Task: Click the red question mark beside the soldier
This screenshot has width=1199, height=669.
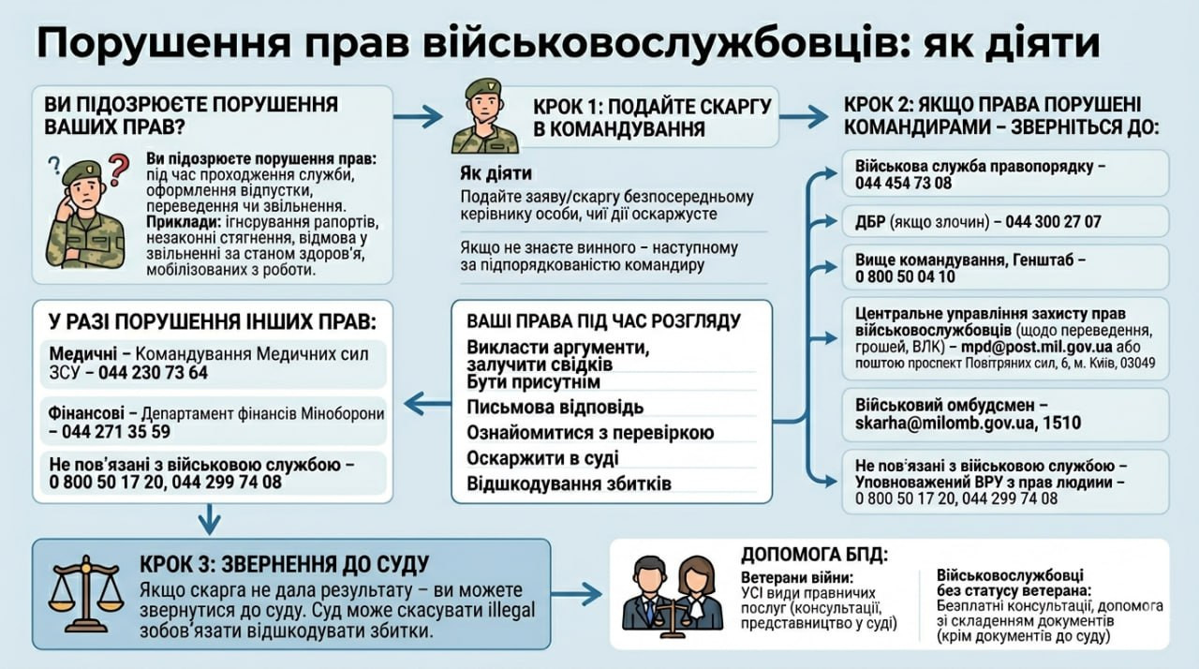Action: click(119, 170)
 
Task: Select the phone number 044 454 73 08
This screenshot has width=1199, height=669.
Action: click(904, 184)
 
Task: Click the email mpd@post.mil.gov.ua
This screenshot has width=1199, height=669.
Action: click(1036, 347)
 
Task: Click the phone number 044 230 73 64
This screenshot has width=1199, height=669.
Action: click(153, 373)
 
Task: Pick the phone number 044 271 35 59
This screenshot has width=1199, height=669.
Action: click(116, 431)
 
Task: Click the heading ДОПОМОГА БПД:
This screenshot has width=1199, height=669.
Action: click(814, 555)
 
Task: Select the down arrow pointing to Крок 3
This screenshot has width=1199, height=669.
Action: click(209, 518)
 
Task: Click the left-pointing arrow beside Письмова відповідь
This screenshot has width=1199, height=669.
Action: click(427, 404)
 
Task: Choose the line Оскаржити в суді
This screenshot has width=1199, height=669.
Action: click(542, 458)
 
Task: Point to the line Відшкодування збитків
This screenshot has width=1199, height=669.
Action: click(569, 483)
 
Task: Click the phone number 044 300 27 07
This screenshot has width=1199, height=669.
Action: click(1054, 221)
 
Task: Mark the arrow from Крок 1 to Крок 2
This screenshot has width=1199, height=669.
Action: click(804, 117)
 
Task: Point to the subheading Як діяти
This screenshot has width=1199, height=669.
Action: click(496, 173)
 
